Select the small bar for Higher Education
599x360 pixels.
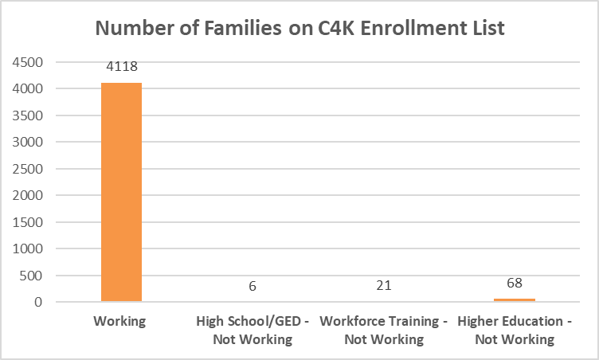[x=514, y=299]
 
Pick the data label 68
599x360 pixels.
[x=514, y=284]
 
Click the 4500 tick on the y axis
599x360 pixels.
[x=27, y=62]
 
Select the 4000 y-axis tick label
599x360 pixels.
[x=27, y=89]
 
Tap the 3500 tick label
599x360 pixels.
[x=27, y=115]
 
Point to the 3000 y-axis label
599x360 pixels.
[x=27, y=143]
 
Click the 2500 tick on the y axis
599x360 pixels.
[x=27, y=169]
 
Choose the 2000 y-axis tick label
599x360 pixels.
[x=27, y=196]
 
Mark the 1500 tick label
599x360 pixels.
[x=27, y=222]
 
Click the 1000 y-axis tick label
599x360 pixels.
[x=27, y=249]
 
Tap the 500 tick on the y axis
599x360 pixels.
[x=32, y=276]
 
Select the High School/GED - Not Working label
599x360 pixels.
[x=252, y=331]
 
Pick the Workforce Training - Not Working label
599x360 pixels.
[x=383, y=331]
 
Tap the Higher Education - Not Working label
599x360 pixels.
[x=514, y=331]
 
